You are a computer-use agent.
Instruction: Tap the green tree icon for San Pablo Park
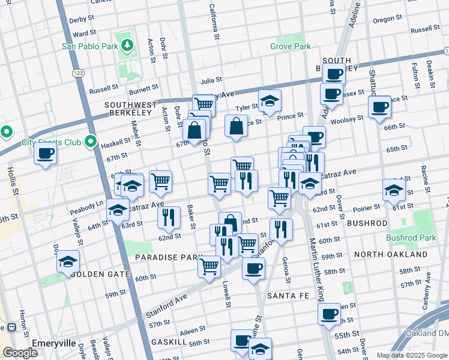click(x=127, y=45)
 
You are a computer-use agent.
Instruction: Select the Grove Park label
click(x=291, y=46)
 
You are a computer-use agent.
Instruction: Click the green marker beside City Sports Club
click(x=91, y=142)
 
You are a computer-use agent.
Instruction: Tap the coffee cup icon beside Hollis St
click(x=46, y=153)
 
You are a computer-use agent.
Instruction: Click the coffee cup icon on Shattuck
click(x=379, y=107)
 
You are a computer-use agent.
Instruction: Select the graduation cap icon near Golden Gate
click(x=68, y=262)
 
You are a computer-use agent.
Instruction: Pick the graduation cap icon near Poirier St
click(x=394, y=190)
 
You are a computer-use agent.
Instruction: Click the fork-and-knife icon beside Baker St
click(x=169, y=217)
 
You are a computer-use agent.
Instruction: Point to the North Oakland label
click(x=391, y=254)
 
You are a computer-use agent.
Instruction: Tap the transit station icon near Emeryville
click(x=10, y=328)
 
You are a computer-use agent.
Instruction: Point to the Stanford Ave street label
click(x=165, y=305)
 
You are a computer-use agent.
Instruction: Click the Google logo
click(x=20, y=353)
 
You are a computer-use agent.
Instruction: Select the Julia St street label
click(x=211, y=79)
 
